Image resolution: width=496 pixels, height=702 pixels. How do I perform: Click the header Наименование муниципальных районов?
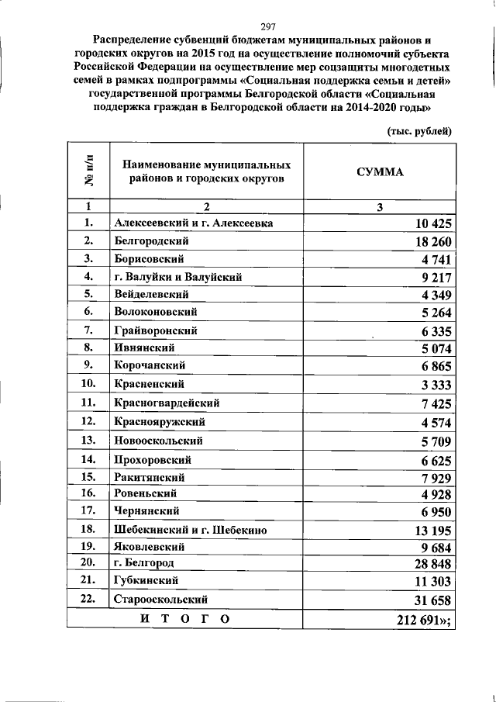pos(206,171)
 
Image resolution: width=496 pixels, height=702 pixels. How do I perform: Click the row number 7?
pos(88,330)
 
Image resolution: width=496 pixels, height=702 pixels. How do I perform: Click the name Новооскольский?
pos(158,441)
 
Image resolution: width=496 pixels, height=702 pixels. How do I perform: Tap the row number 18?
pos(88,529)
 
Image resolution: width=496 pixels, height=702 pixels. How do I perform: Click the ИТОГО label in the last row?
pos(184,618)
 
